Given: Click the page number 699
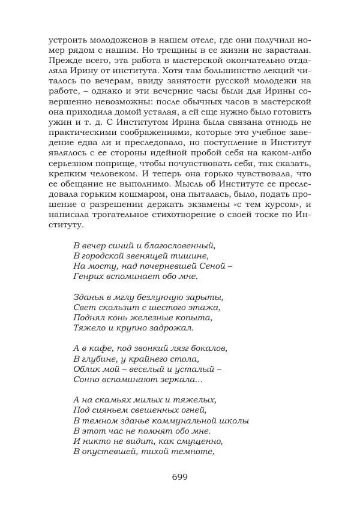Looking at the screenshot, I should click(180, 477).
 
